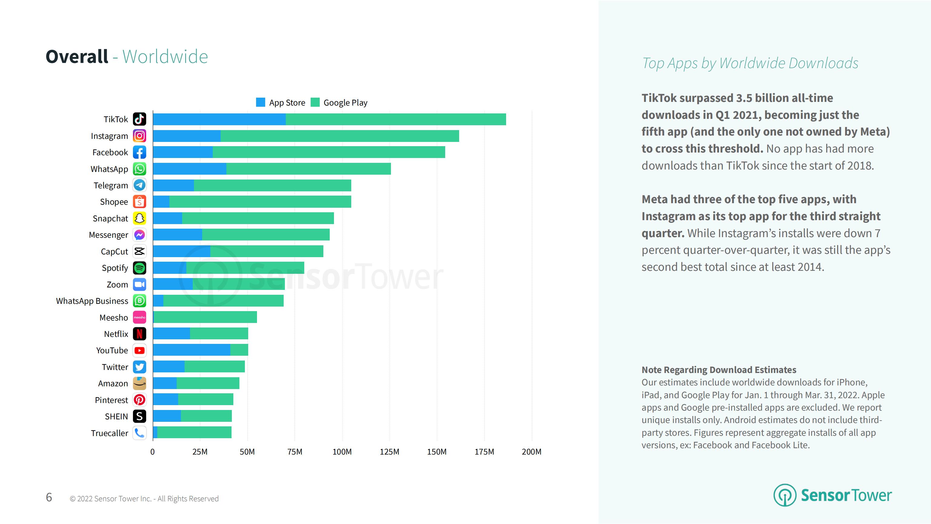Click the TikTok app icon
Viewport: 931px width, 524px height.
coord(139,119)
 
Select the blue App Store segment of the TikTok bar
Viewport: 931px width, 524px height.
coord(219,119)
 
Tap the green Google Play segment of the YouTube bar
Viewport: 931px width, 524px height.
coord(239,350)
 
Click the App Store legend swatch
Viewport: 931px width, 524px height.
coord(260,102)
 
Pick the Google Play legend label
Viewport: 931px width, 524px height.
coord(345,103)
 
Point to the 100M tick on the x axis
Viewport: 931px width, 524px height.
coord(342,452)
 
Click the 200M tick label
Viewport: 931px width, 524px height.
coord(531,452)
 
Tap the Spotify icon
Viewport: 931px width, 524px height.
coord(139,268)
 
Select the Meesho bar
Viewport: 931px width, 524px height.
coord(205,317)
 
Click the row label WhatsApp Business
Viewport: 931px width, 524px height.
coord(92,301)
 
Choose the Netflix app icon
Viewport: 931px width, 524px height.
coord(139,334)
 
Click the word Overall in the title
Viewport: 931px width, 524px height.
coord(77,57)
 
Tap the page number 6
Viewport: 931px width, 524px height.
coord(49,497)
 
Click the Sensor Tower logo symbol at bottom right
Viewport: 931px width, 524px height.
coord(784,495)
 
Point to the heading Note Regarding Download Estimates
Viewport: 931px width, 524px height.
coord(719,370)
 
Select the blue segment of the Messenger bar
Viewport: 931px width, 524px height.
coord(178,235)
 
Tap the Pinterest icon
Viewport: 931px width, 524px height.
coord(139,400)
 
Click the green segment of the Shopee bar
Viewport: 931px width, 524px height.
coord(260,202)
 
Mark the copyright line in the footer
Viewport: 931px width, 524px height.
coord(144,499)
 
